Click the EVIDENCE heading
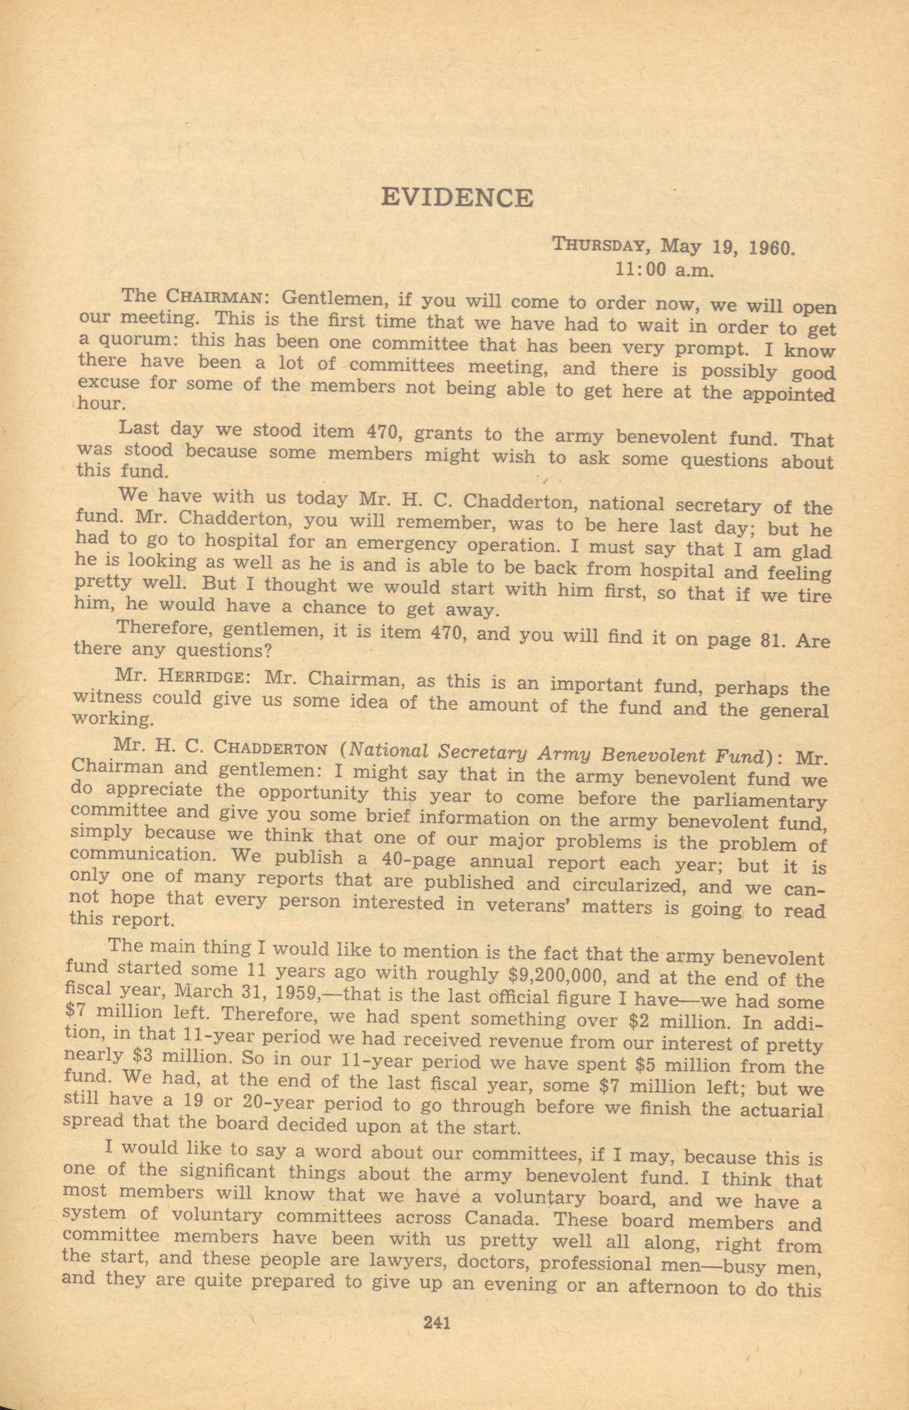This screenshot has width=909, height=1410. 457,197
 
